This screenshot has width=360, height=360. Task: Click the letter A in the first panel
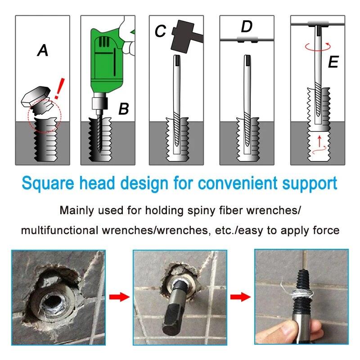tap(42, 51)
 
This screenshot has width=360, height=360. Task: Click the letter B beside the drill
tap(124, 109)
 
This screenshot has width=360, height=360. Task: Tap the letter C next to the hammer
tap(160, 31)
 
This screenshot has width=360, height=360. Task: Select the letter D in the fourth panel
tap(247, 27)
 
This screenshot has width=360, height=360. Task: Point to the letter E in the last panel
tap(333, 62)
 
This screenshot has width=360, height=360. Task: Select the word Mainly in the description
tap(76, 210)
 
